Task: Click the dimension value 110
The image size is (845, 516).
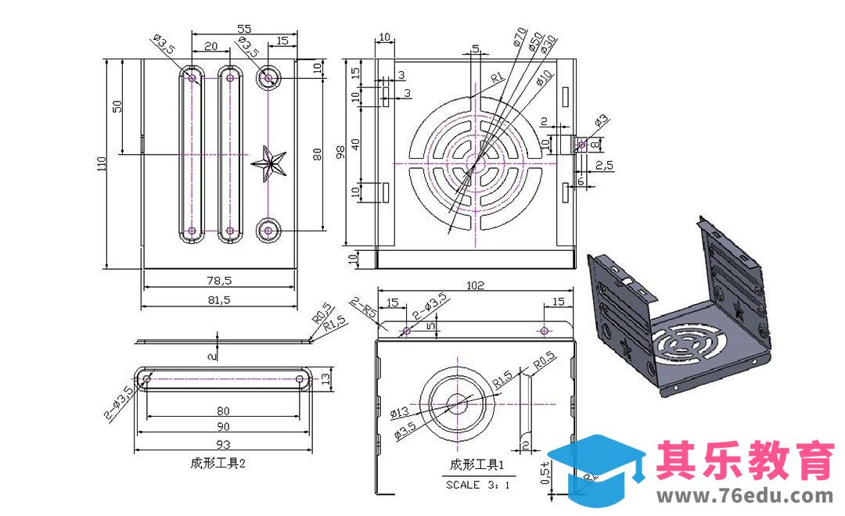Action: tap(102, 163)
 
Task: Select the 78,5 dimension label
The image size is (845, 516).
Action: tap(219, 279)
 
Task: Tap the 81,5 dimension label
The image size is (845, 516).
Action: tap(219, 299)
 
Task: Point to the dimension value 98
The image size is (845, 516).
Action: tap(340, 152)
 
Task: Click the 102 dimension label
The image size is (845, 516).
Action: tap(476, 285)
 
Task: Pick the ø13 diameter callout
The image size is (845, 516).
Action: tap(399, 412)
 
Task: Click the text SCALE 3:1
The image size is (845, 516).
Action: tap(478, 485)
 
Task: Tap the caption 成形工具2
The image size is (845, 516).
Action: tap(218, 463)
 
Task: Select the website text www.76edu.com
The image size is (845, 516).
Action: tap(745, 496)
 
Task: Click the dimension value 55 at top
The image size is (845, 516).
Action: tap(244, 28)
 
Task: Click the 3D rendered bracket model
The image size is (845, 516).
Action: tap(681, 313)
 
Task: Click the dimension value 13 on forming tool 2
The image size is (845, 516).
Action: tap(327, 379)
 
